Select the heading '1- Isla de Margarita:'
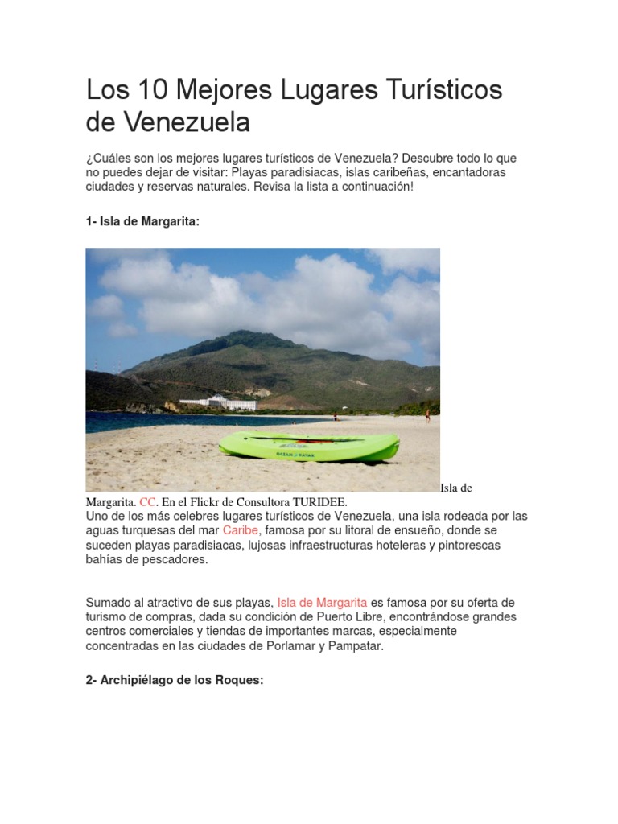[x=142, y=222]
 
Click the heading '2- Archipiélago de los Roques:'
[x=175, y=657]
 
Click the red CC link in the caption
[x=147, y=501]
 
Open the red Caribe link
[x=241, y=530]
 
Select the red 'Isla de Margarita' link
[x=322, y=602]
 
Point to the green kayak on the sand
[x=310, y=445]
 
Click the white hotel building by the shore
[x=216, y=402]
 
